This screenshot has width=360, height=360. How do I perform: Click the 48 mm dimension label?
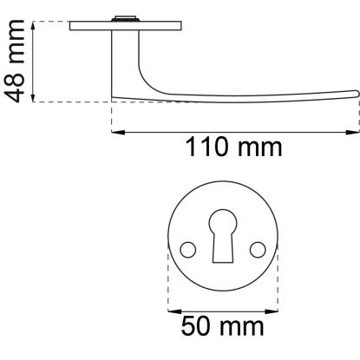pyautogui.click(x=14, y=61)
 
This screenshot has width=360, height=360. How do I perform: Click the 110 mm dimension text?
pyautogui.click(x=233, y=147)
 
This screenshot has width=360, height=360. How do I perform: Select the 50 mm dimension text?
pyautogui.click(x=222, y=326)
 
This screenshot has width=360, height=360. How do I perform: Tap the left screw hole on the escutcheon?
pyautogui.click(x=188, y=250)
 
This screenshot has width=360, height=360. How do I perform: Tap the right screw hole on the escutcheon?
pyautogui.click(x=258, y=250)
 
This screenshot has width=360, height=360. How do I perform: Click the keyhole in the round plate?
pyautogui.click(x=223, y=236)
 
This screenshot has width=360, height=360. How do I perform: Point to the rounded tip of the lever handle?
pyautogui.click(x=357, y=94)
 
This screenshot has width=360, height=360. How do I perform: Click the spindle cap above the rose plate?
pyautogui.click(x=125, y=18)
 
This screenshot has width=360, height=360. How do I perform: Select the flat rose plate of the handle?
pyautogui.click(x=126, y=26)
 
